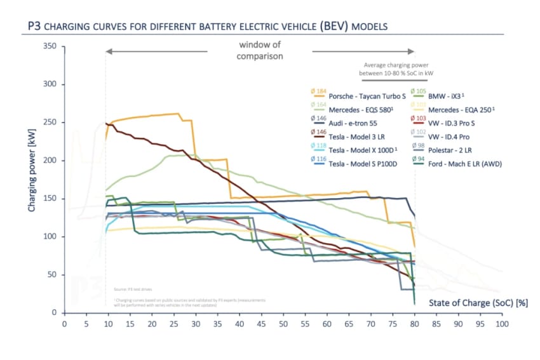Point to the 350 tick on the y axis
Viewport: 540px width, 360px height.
coord(50,46)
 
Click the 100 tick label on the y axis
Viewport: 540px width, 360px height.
coord(50,237)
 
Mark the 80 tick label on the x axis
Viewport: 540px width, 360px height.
coord(415,324)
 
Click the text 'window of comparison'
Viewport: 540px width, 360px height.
coord(259,51)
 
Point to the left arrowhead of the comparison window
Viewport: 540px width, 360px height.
coord(109,51)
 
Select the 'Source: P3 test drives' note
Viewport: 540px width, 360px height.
coord(133,288)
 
